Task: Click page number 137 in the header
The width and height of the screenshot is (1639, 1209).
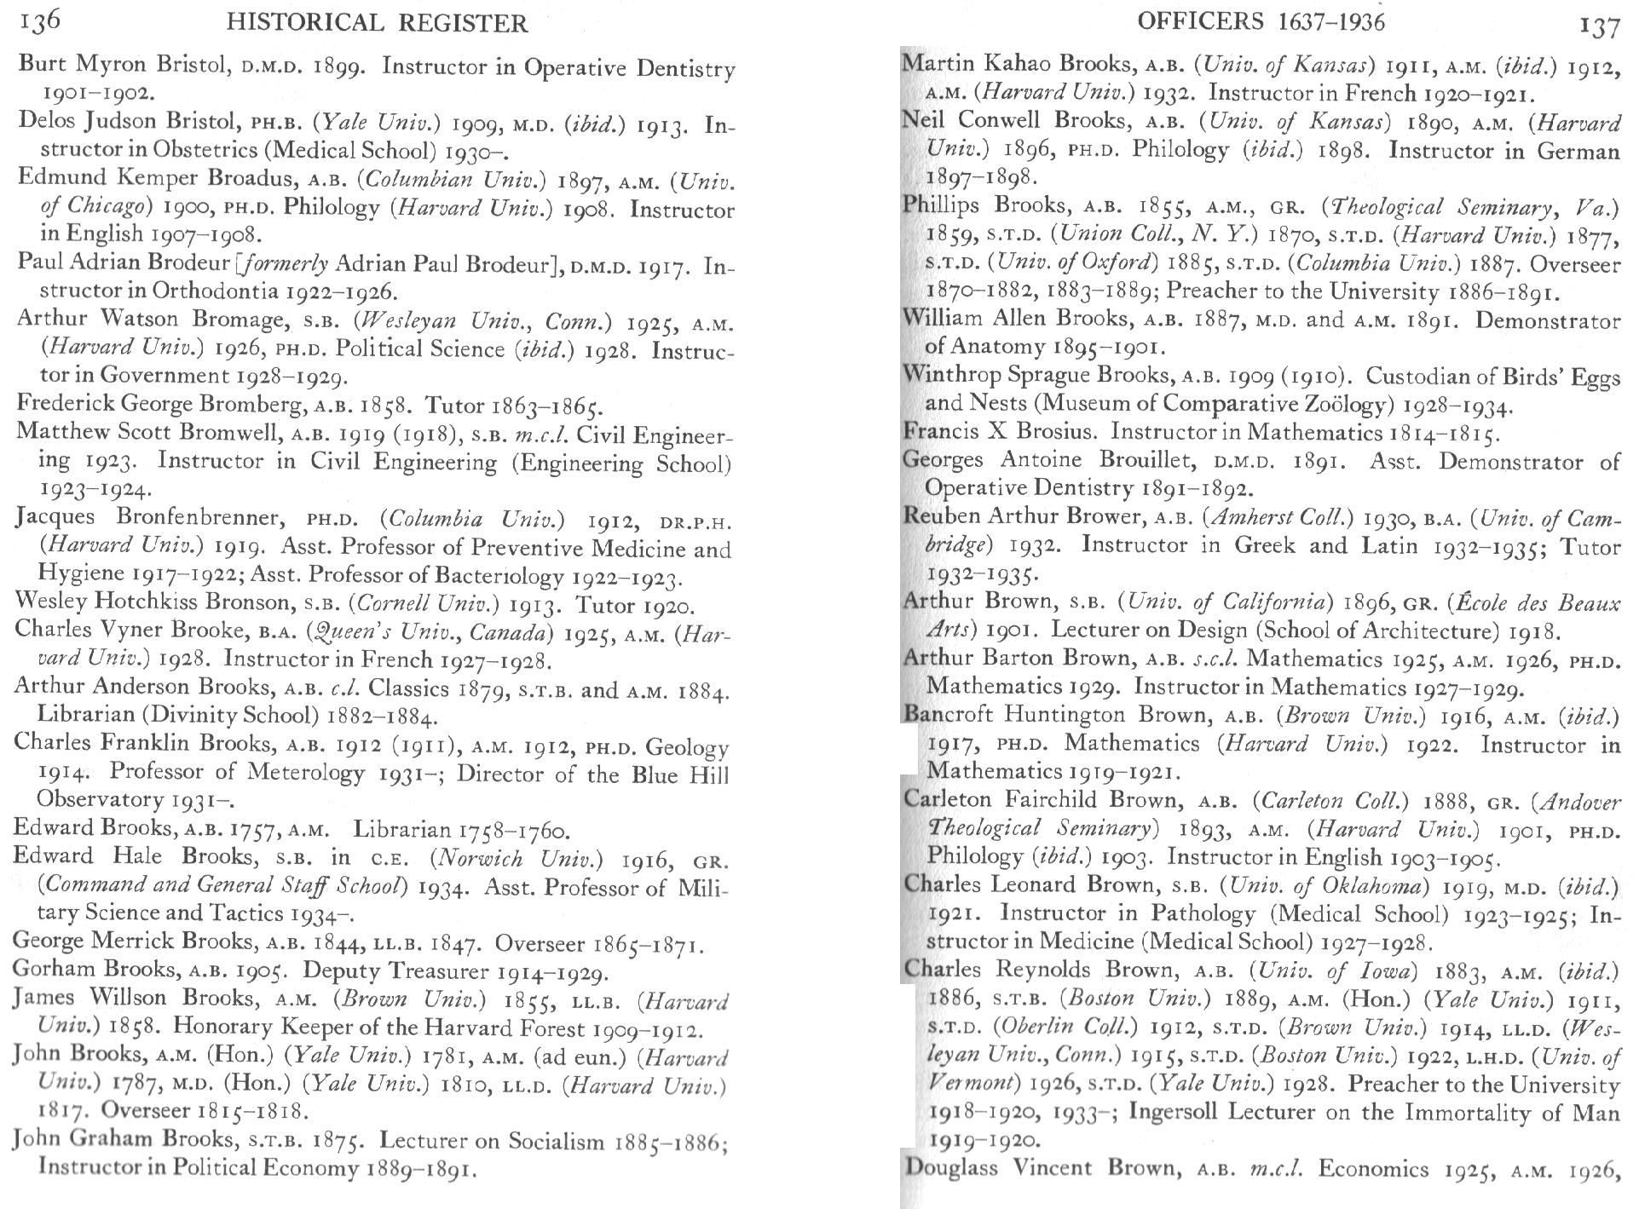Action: (x=1599, y=26)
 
